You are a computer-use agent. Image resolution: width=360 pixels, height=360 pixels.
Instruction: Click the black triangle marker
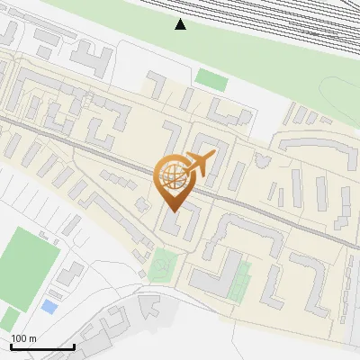(180, 24)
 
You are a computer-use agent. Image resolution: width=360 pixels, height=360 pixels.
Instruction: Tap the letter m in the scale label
(32, 338)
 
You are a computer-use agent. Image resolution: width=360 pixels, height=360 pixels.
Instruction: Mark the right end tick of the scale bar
(74, 346)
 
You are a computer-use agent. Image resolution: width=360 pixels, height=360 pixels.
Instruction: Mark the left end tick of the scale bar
(11, 346)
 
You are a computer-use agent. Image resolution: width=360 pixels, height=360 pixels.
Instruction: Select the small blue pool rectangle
(49, 307)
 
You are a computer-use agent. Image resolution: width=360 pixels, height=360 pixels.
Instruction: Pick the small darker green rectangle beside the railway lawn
(211, 79)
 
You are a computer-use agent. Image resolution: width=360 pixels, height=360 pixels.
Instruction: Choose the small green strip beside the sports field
(8, 318)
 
